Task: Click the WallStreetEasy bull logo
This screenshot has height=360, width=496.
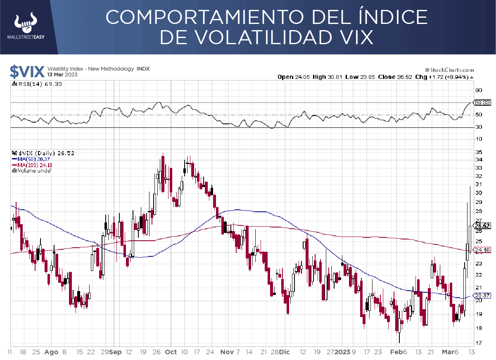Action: pyautogui.click(x=26, y=24)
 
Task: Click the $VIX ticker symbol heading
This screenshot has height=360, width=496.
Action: pyautogui.click(x=27, y=72)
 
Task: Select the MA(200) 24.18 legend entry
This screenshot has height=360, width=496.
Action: pyautogui.click(x=33, y=165)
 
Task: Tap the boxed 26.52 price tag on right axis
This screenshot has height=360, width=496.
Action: pyautogui.click(x=482, y=225)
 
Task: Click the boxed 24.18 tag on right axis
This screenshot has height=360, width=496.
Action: pyautogui.click(x=482, y=250)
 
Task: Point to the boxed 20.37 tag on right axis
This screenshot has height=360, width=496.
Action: pyautogui.click(x=482, y=295)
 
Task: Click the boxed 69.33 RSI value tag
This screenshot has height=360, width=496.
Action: pyautogui.click(x=482, y=102)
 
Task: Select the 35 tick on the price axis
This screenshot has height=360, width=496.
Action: pyautogui.click(x=479, y=151)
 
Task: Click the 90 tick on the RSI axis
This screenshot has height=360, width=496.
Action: pyautogui.click(x=479, y=90)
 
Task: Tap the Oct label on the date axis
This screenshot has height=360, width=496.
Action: pyautogui.click(x=171, y=352)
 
